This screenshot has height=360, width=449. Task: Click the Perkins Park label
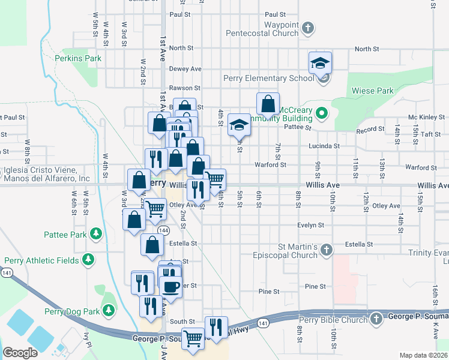tap(78, 58)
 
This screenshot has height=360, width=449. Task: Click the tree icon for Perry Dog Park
tap(109, 311)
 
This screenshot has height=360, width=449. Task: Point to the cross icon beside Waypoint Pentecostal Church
tap(307, 28)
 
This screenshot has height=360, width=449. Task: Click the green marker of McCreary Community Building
tap(322, 112)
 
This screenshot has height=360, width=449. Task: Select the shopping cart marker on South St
tap(193, 338)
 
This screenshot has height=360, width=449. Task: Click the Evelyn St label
tap(310, 225)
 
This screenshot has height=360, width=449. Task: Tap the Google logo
tap(20, 352)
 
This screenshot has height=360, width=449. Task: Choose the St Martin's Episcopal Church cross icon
tap(326, 248)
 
